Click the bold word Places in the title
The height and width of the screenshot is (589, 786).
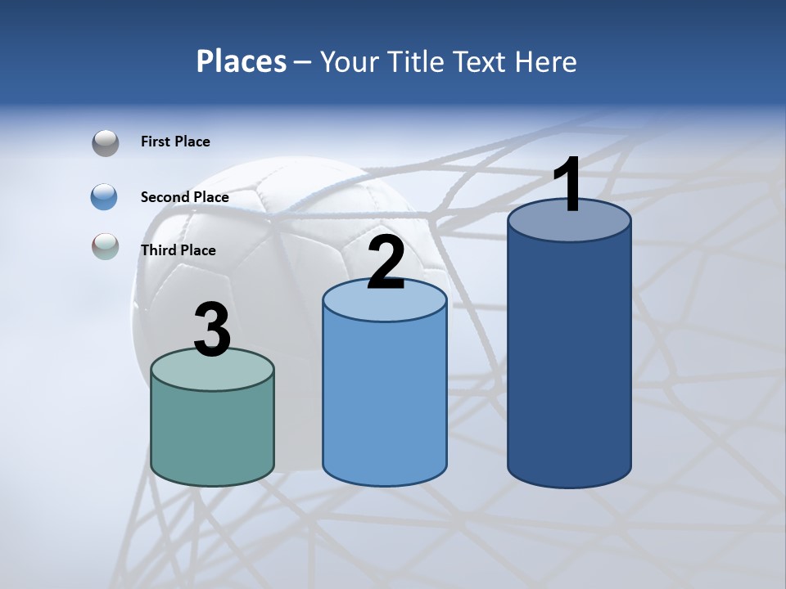pos(242,61)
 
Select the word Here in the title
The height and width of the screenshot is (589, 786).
pos(548,61)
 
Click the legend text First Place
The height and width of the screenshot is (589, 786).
pos(175,142)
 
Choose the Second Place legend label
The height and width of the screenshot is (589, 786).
pos(184,196)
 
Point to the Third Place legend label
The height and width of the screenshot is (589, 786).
pos(178,250)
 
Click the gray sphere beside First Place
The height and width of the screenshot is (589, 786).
pos(106,143)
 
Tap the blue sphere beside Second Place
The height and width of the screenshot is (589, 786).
pos(105,197)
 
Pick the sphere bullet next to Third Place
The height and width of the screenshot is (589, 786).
pos(106,246)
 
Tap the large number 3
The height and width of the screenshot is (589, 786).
pos(213,330)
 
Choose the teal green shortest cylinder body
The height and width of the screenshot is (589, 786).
pos(213,434)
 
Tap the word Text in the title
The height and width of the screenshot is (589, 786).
pos(483,61)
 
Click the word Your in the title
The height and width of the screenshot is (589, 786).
pos(345,61)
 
